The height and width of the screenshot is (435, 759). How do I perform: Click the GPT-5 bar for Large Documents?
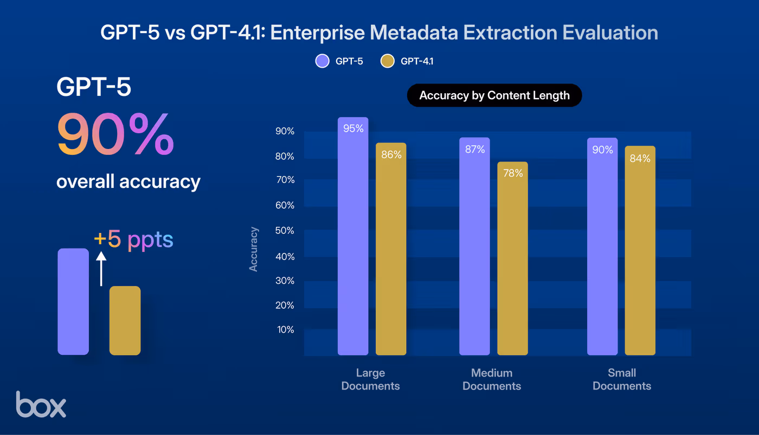pyautogui.click(x=353, y=244)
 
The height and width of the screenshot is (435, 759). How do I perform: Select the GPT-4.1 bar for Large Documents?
pyautogui.click(x=391, y=255)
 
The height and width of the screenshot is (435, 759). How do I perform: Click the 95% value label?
pyautogui.click(x=353, y=129)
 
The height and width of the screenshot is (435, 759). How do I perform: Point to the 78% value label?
pyautogui.click(x=512, y=173)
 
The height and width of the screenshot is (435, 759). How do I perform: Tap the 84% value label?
pyautogui.click(x=640, y=159)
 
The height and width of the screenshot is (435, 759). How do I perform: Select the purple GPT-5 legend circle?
pyautogui.click(x=322, y=61)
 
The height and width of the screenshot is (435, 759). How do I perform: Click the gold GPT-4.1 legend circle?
pyautogui.click(x=387, y=61)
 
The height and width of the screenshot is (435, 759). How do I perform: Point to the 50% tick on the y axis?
pyautogui.click(x=285, y=231)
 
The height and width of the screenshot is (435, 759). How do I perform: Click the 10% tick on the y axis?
pyautogui.click(x=285, y=330)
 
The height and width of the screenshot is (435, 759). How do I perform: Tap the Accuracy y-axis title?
pyautogui.click(x=254, y=249)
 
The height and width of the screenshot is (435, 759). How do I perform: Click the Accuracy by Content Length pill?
pyautogui.click(x=494, y=96)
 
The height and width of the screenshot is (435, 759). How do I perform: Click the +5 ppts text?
pyautogui.click(x=133, y=239)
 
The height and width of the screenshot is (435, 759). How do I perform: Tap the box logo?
pyautogui.click(x=41, y=404)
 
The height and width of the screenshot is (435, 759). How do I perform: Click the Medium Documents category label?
pyautogui.click(x=492, y=379)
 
